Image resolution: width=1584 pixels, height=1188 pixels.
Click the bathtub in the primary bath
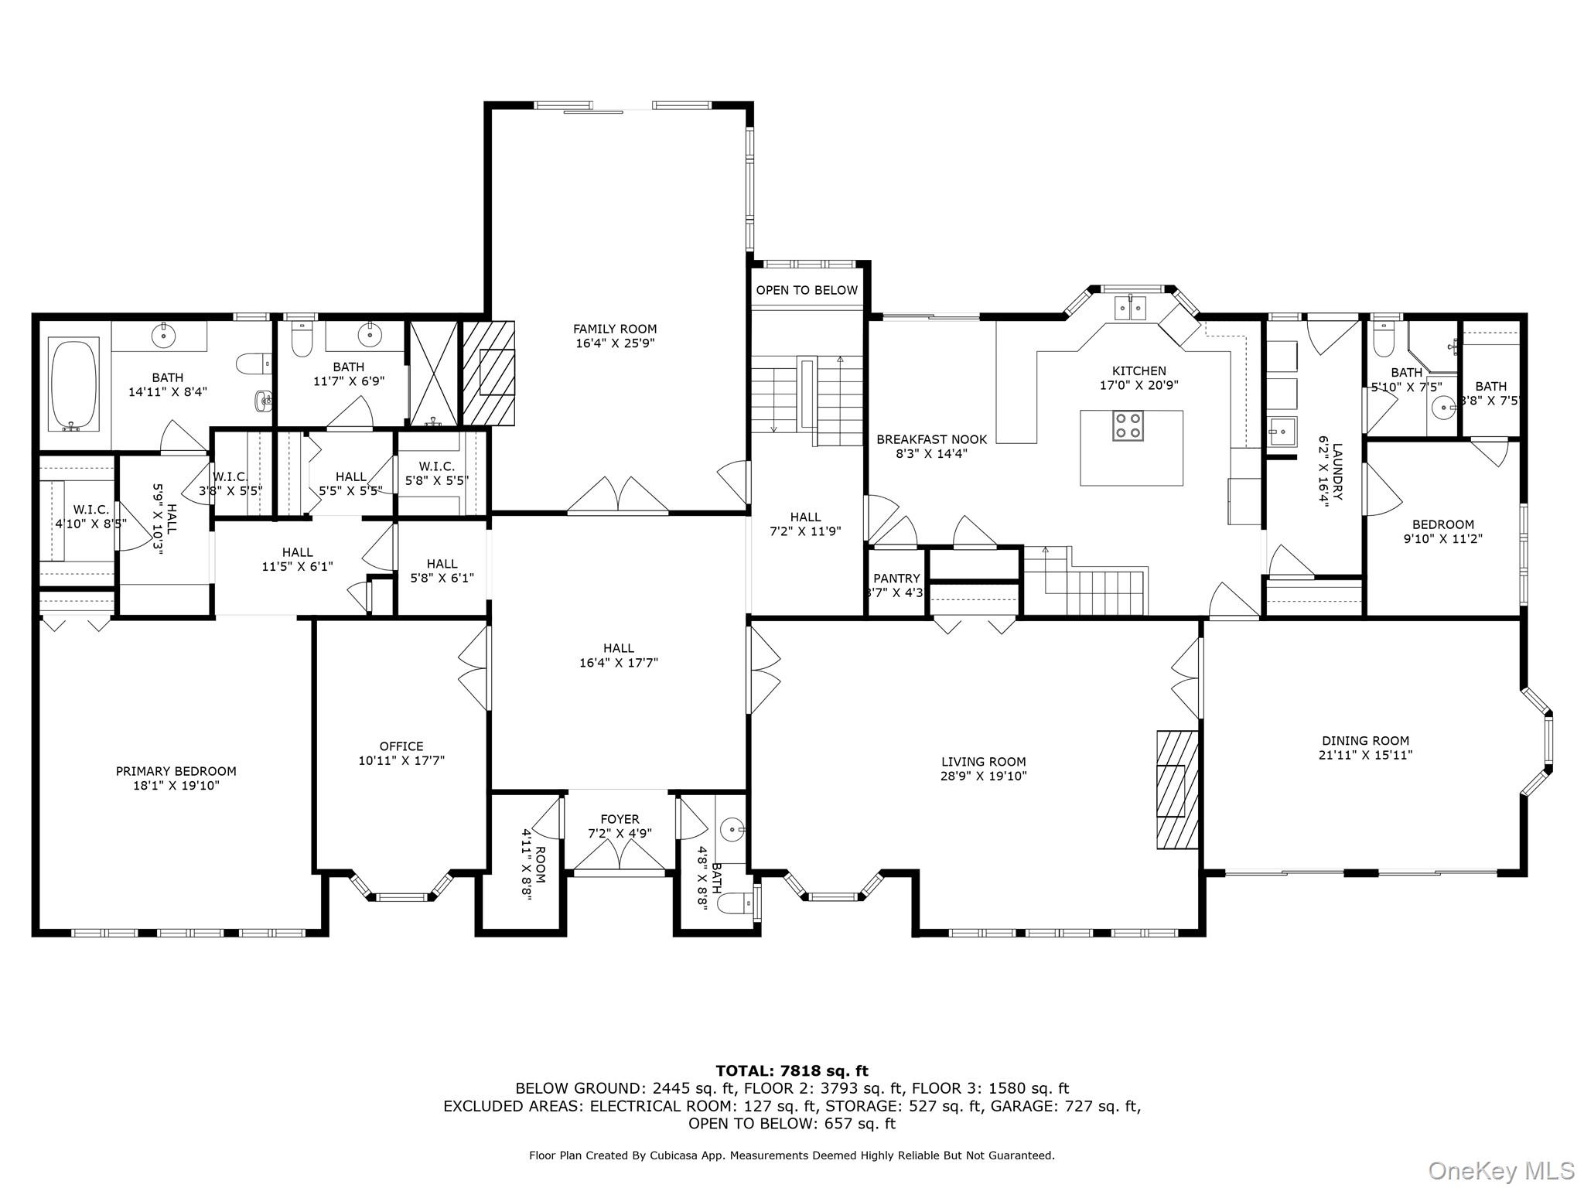(74, 384)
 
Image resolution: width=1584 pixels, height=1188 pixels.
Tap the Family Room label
(615, 329)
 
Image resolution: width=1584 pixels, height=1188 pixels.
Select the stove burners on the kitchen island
(1128, 425)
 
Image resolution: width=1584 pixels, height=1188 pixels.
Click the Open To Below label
(807, 290)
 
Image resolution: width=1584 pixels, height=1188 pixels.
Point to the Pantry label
(896, 579)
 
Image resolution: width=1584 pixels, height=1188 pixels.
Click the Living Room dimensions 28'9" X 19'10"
(984, 776)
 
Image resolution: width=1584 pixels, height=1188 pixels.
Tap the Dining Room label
(1365, 740)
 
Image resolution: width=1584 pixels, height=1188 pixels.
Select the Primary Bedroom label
(176, 770)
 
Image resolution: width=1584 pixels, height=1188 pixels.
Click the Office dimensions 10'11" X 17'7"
(401, 760)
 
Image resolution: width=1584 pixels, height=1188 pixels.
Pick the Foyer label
(620, 819)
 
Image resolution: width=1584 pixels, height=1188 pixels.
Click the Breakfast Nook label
(931, 439)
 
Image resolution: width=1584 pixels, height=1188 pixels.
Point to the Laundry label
(1337, 471)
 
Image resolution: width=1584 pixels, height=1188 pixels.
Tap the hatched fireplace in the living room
(1177, 789)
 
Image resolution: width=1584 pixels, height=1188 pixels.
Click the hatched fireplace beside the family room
(488, 373)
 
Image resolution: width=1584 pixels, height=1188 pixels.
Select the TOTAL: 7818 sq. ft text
(791, 1070)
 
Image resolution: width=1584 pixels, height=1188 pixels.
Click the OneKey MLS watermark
(1500, 1170)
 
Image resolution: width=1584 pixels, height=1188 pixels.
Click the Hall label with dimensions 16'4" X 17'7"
(618, 655)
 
